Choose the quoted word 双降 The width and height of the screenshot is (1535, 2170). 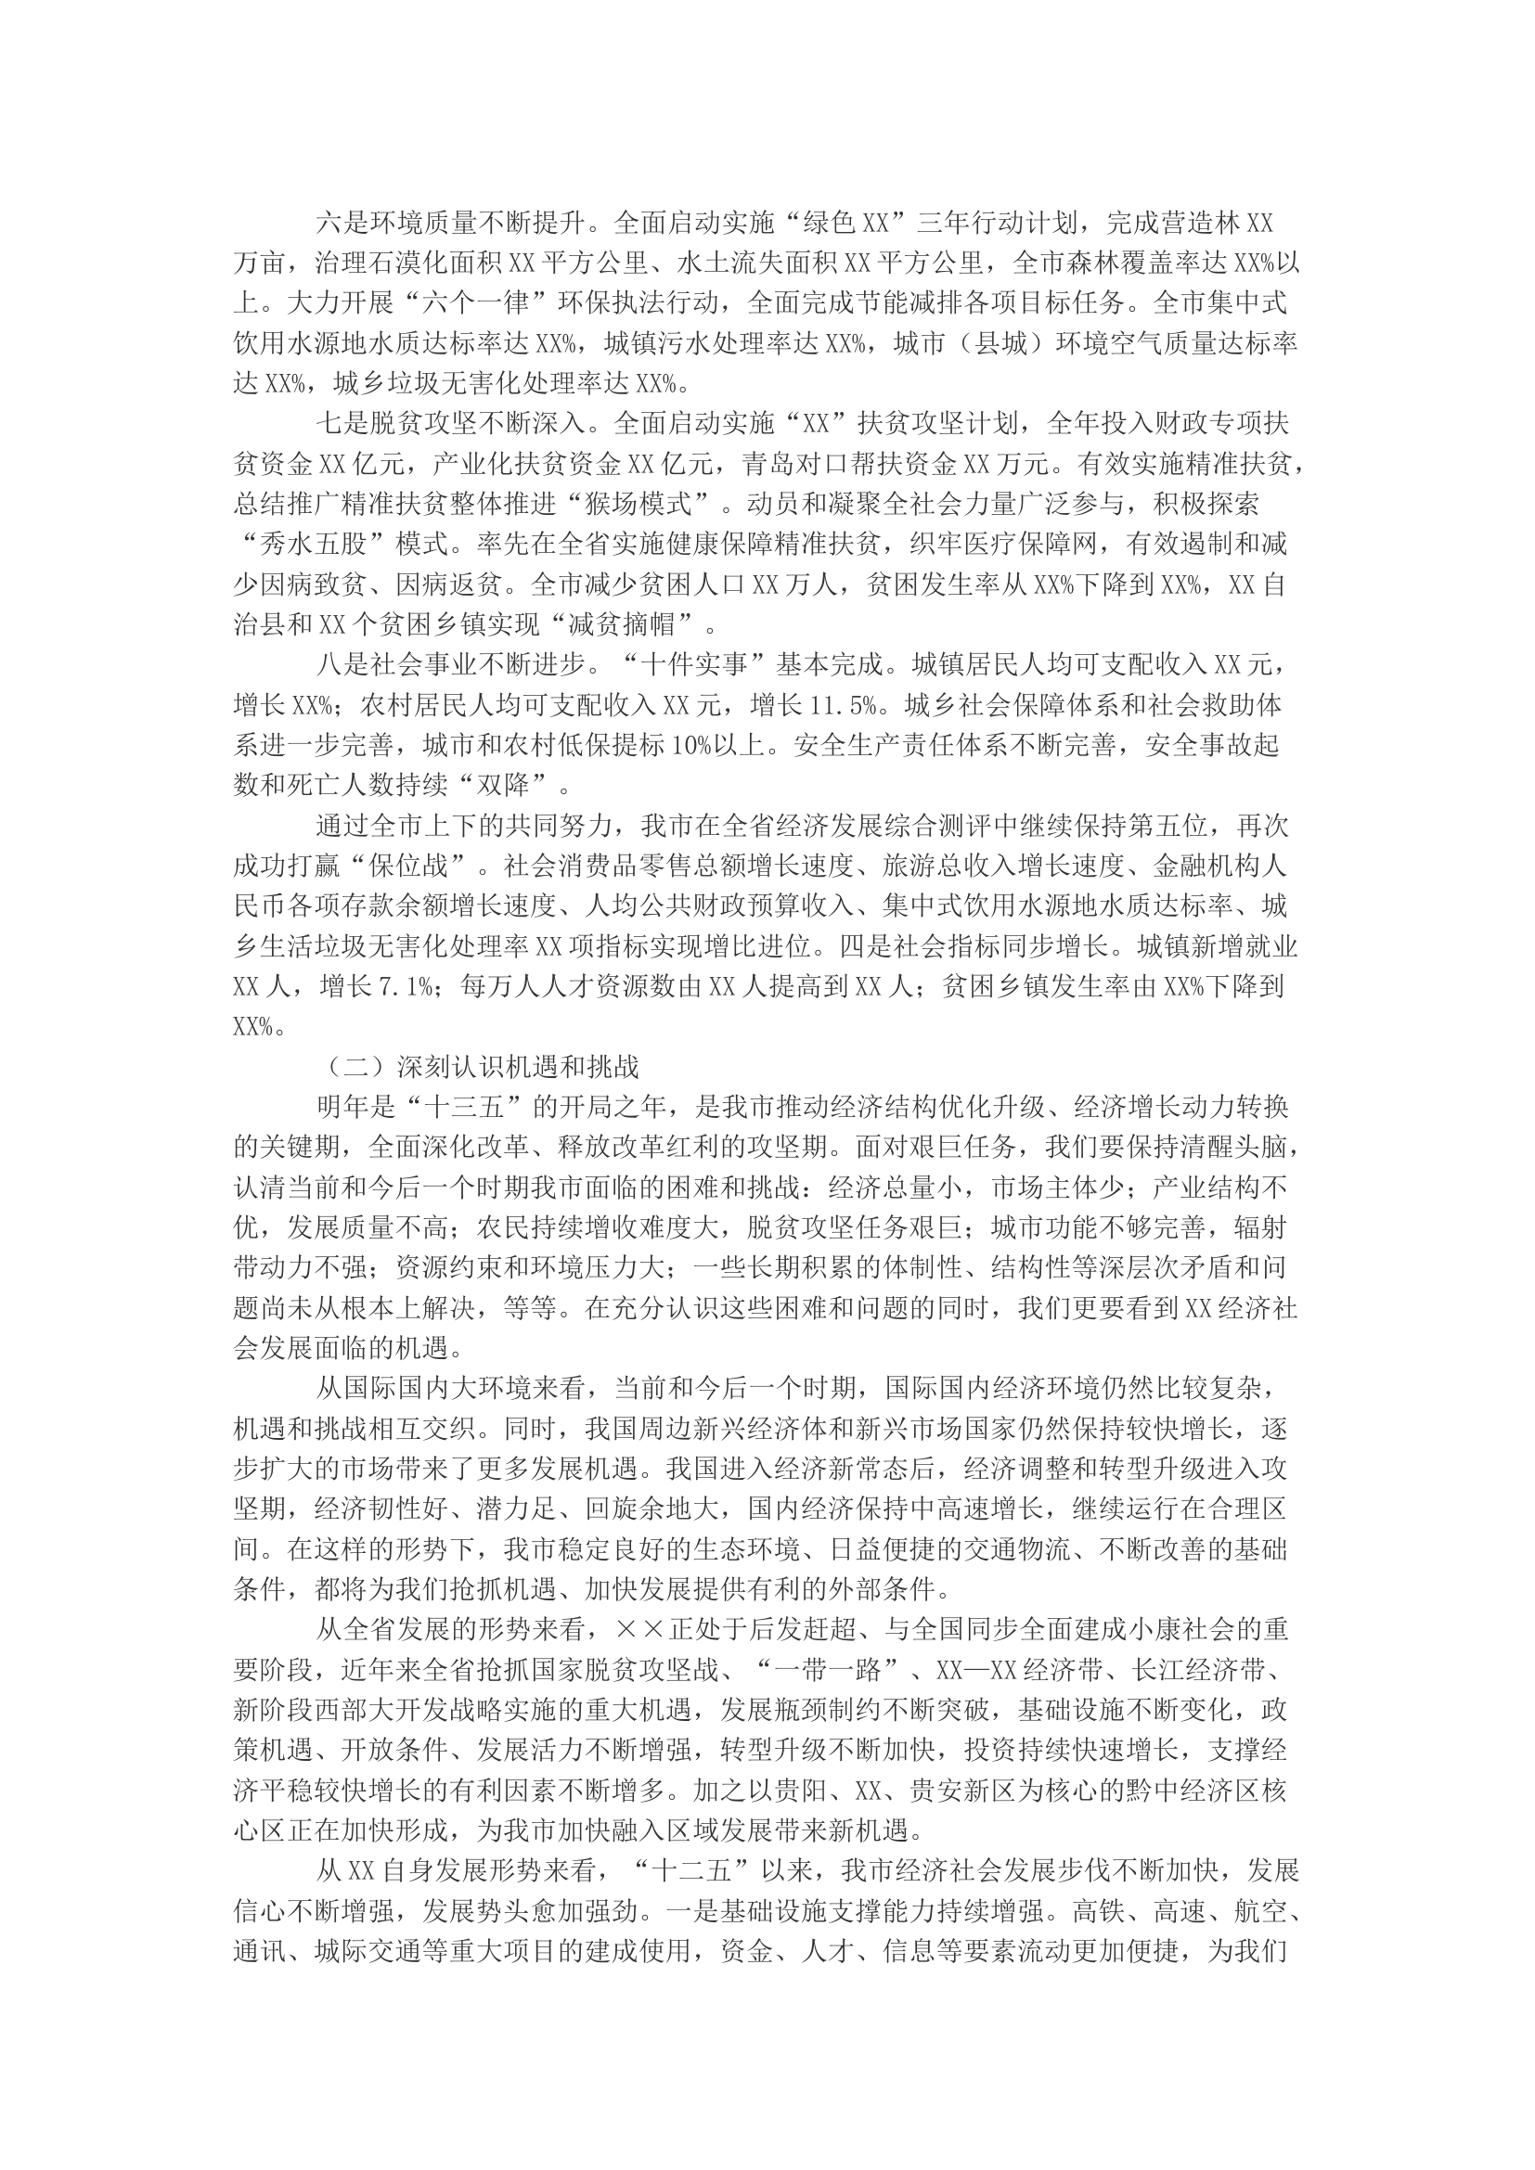tap(504, 787)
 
